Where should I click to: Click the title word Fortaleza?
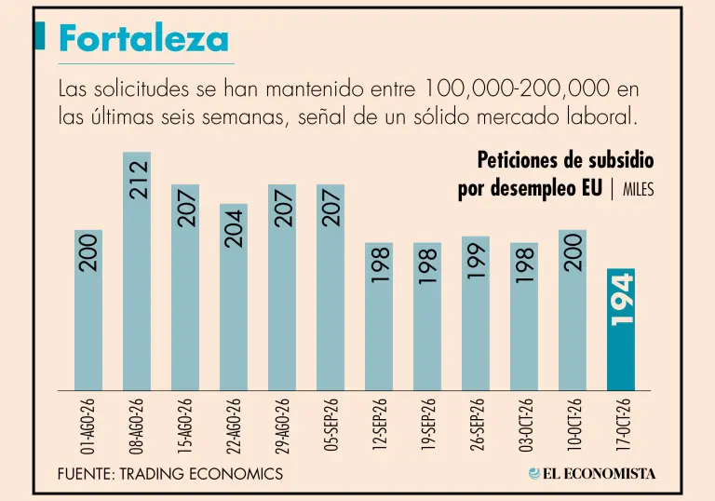(143, 38)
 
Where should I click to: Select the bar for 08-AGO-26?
(137, 271)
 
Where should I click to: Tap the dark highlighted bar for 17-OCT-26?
(621, 330)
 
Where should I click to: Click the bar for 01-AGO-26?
(88, 310)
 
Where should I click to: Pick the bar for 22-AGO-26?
(234, 297)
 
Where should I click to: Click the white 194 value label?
(622, 299)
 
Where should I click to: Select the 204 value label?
(235, 228)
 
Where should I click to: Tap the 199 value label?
(477, 261)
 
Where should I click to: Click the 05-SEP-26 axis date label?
(331, 426)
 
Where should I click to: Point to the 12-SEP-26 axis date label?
(380, 426)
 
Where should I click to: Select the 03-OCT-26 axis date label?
(525, 426)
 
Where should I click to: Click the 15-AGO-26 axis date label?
(185, 426)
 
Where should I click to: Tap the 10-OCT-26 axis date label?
(573, 426)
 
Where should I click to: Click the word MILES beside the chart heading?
(639, 189)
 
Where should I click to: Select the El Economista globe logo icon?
(534, 474)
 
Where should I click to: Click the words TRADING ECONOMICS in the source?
(201, 474)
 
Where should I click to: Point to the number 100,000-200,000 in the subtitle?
(517, 88)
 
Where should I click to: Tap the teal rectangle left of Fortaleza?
(40, 35)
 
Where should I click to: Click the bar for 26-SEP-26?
(476, 314)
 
